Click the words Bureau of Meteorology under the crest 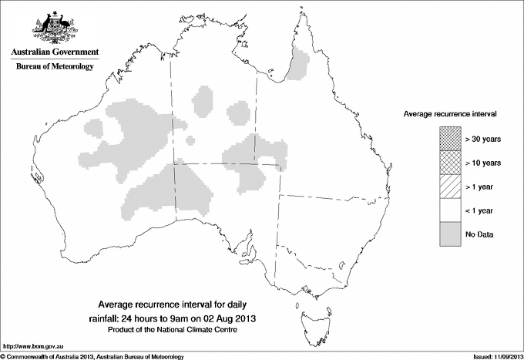click(54, 67)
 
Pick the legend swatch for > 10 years click(449, 163)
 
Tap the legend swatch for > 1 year click(449, 187)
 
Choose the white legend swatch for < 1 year click(449, 210)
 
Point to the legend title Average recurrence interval click(449, 113)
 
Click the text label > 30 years click(482, 140)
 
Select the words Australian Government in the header click(54, 52)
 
